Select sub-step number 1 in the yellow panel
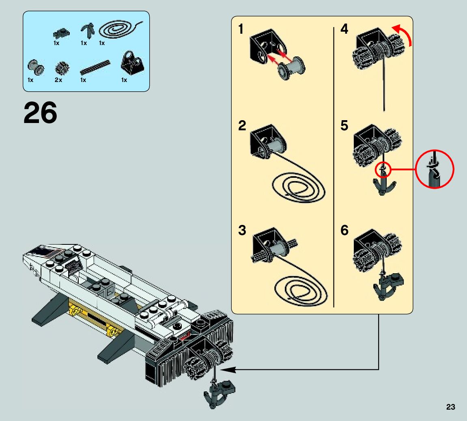tap(241, 29)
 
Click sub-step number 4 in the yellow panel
tap(344, 29)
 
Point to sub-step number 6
tap(344, 231)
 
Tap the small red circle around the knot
tap(383, 169)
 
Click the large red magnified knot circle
tap(435, 169)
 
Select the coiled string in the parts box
tap(121, 30)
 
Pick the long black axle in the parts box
tap(95, 67)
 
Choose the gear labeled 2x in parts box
tap(62, 68)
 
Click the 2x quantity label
tap(58, 80)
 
